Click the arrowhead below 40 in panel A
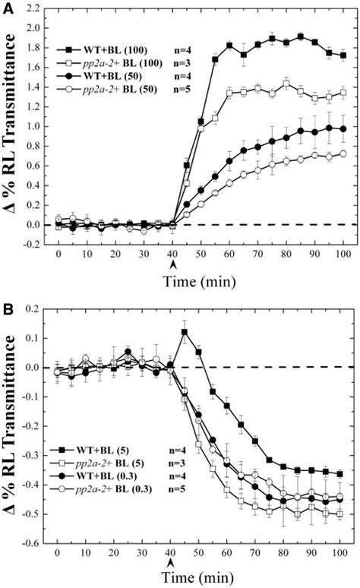(x=173, y=264)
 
